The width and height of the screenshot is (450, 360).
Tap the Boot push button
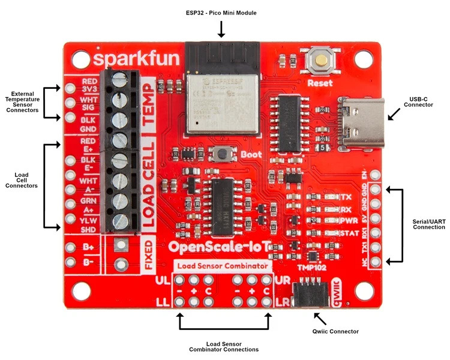click(224, 154)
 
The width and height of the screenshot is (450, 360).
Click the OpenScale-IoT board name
click(225, 246)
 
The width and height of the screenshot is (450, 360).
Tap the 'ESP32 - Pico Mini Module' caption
click(221, 13)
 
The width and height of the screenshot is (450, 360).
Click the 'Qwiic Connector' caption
click(335, 331)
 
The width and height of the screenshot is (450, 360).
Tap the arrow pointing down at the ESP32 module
click(221, 29)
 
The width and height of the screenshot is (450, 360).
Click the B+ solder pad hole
click(71, 247)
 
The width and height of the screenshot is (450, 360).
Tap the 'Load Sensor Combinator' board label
click(222, 265)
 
